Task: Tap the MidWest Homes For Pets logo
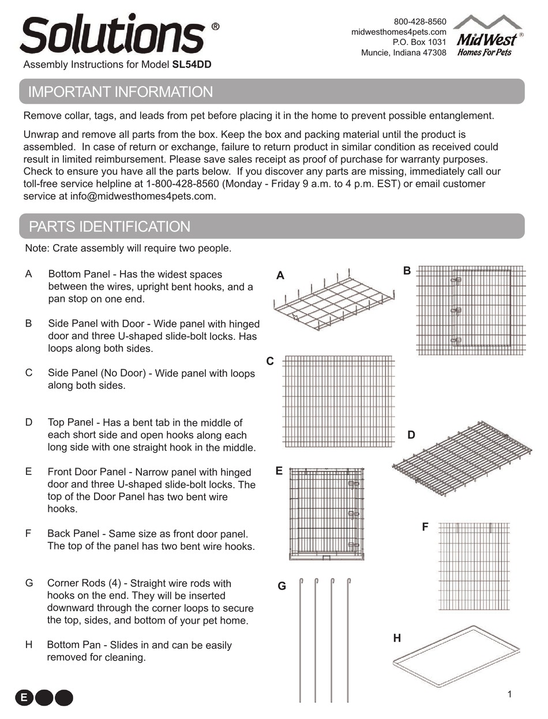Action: point(488,36)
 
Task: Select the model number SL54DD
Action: point(192,65)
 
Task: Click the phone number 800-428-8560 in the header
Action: point(420,21)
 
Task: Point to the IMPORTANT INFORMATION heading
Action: point(121,92)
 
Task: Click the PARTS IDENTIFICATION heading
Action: point(110,227)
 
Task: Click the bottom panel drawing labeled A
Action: point(334,299)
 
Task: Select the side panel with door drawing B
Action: point(471,310)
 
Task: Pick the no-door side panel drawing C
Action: point(339,402)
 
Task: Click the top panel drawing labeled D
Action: point(462,459)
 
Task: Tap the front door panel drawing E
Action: point(326,514)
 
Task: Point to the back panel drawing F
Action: point(474,566)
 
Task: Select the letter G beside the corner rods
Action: point(282,586)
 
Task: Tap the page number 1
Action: point(509,694)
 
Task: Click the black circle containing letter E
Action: point(24,698)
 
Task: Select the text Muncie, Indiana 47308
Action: point(404,53)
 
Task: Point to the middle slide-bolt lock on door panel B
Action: point(456,310)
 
